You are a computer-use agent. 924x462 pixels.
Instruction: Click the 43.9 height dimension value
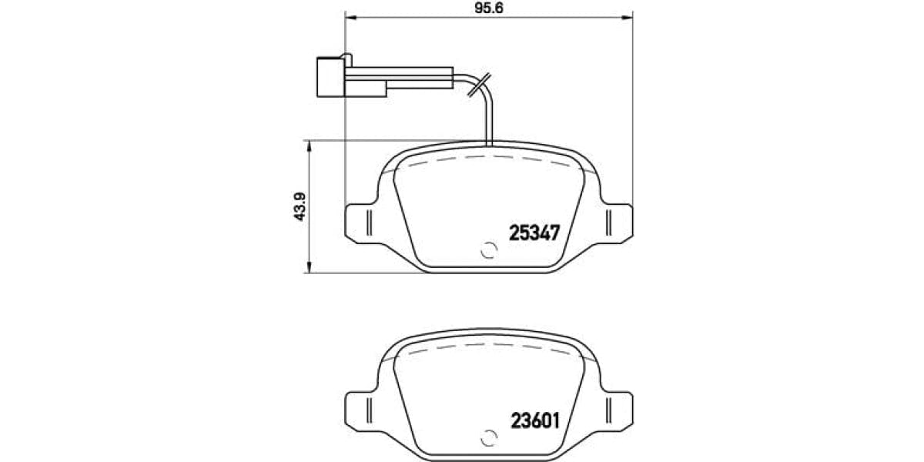(x=301, y=206)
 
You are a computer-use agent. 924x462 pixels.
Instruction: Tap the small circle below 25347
(x=488, y=251)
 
